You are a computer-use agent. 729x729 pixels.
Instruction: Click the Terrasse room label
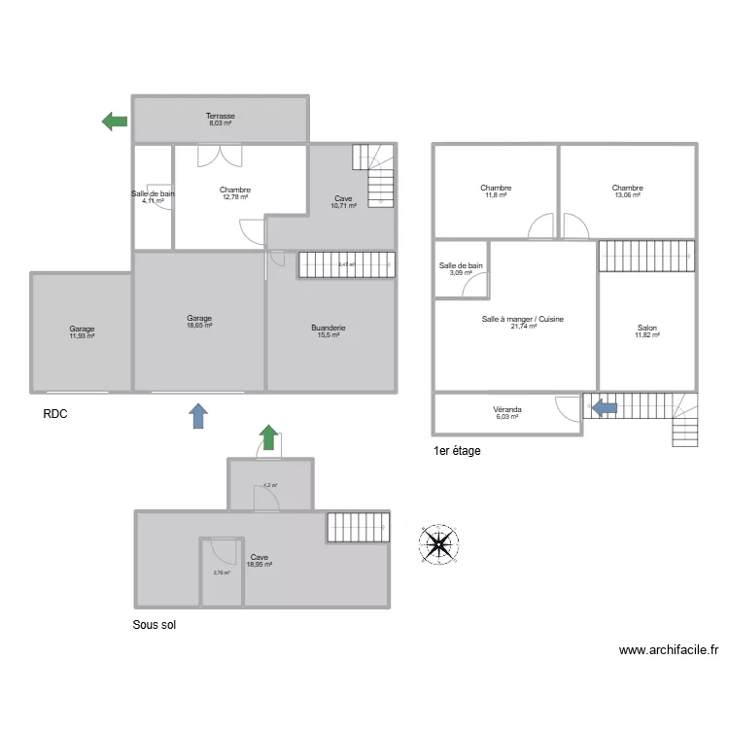[220, 116]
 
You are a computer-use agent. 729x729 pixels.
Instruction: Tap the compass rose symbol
[439, 544]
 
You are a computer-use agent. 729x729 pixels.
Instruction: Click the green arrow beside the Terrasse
[115, 121]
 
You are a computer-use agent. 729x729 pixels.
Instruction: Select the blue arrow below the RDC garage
[198, 416]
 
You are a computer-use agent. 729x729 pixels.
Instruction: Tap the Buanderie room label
[329, 328]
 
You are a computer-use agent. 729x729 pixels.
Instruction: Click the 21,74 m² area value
[523, 327]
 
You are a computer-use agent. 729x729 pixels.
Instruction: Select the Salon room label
[646, 328]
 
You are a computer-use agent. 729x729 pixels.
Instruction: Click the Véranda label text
[507, 409]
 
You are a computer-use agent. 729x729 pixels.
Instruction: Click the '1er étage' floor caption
[457, 451]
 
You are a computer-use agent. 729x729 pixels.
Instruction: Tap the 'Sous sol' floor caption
[154, 626]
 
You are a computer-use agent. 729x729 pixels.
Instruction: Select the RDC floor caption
[55, 413]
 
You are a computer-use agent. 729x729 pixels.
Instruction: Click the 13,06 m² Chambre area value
[627, 195]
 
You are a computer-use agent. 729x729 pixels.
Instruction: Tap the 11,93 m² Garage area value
[82, 336]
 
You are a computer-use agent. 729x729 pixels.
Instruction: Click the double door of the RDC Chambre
[219, 156]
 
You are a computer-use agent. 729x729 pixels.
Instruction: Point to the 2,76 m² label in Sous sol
[222, 573]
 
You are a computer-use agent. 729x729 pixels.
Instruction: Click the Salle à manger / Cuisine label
[523, 319]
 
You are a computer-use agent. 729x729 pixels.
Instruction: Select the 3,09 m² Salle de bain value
[461, 273]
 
